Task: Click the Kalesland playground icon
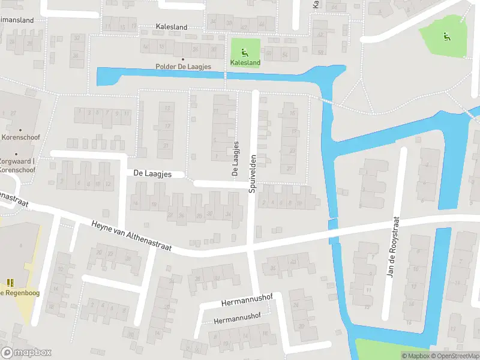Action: tap(243, 51)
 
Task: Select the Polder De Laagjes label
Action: tap(183, 67)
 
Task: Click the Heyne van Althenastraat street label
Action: tap(131, 236)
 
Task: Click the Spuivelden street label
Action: tap(253, 172)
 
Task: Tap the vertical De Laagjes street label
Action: tap(236, 158)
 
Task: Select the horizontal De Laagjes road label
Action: tap(152, 173)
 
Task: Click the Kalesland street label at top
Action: tap(171, 27)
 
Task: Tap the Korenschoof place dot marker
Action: tap(20, 130)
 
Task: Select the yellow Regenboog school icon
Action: tap(10, 282)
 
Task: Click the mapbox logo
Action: tap(27, 353)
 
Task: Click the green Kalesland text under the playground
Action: tap(245, 62)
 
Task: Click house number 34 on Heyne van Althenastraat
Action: tap(227, 214)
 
